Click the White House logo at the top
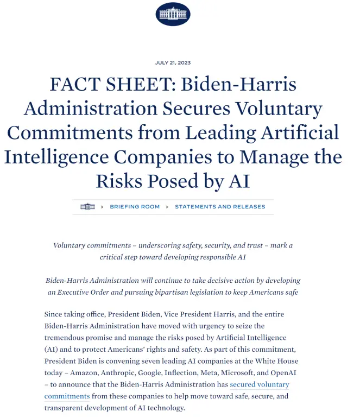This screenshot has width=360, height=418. pos(173,14)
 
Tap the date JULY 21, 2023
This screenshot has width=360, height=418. pos(173,63)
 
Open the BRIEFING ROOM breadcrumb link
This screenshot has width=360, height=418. pos(135,207)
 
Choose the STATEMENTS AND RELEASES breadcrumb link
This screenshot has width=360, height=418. pos(220,207)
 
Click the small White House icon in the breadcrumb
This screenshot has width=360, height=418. pos(87,207)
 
